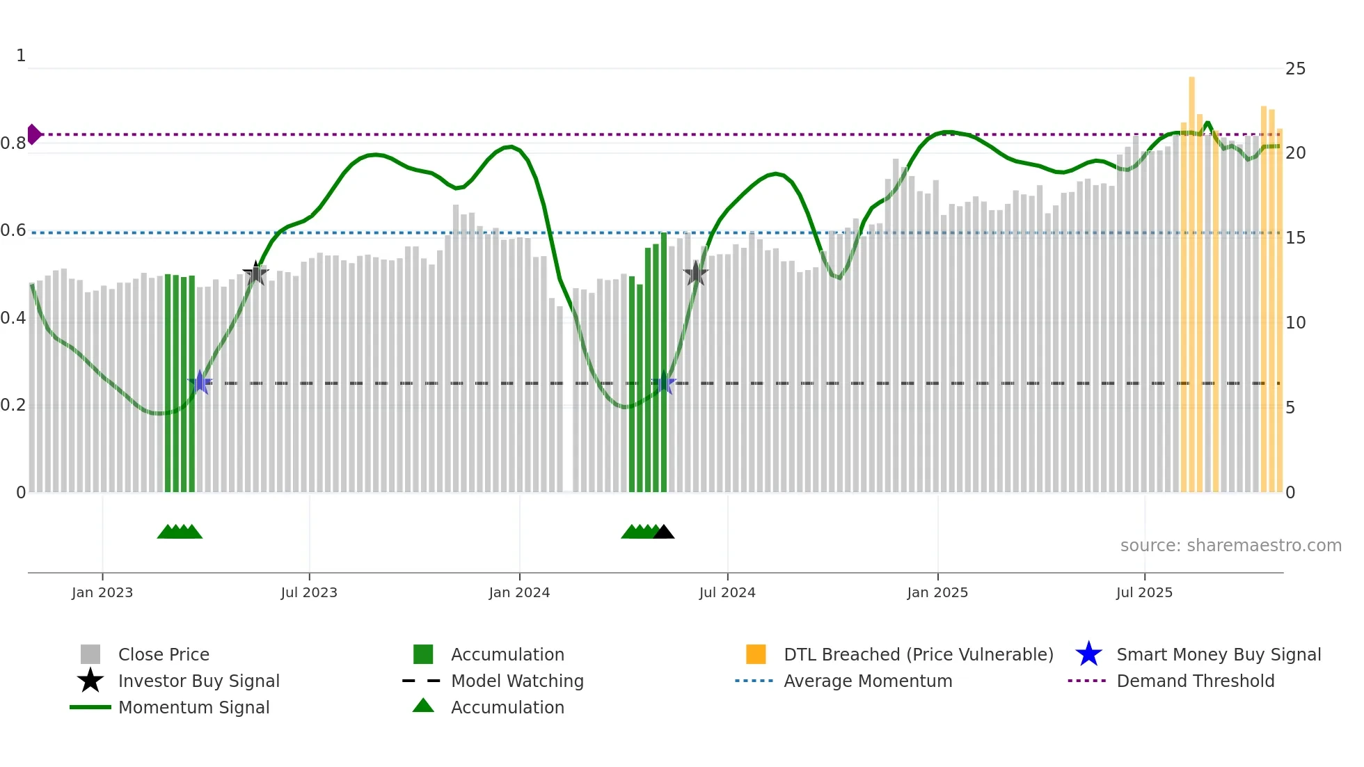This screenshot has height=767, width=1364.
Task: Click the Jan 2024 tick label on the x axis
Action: tap(519, 593)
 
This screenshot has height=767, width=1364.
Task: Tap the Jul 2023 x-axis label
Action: tap(309, 593)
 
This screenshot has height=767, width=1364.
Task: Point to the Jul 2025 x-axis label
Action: tap(1144, 593)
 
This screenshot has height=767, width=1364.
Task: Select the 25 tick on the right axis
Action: tap(1295, 69)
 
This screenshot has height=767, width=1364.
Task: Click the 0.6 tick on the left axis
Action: tap(13, 230)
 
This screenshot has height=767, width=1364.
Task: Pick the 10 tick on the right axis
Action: tap(1295, 323)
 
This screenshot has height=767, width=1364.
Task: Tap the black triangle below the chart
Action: tap(664, 532)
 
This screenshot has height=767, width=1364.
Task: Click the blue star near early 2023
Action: tap(200, 382)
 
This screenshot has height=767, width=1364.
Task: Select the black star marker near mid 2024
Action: tap(695, 274)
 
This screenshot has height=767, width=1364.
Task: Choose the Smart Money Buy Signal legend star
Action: tap(1088, 654)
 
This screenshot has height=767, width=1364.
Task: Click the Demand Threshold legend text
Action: tap(1195, 681)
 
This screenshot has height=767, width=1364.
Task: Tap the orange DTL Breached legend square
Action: tap(756, 654)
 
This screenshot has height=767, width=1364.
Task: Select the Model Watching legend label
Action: tap(517, 681)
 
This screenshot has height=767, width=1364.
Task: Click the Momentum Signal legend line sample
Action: tap(90, 707)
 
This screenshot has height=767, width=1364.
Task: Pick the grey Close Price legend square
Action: tap(90, 654)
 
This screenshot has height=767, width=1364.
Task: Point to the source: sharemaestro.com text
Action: tap(1230, 546)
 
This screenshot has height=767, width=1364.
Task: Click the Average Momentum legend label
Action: tap(868, 681)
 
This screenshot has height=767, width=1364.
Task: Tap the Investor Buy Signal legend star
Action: tap(90, 681)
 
